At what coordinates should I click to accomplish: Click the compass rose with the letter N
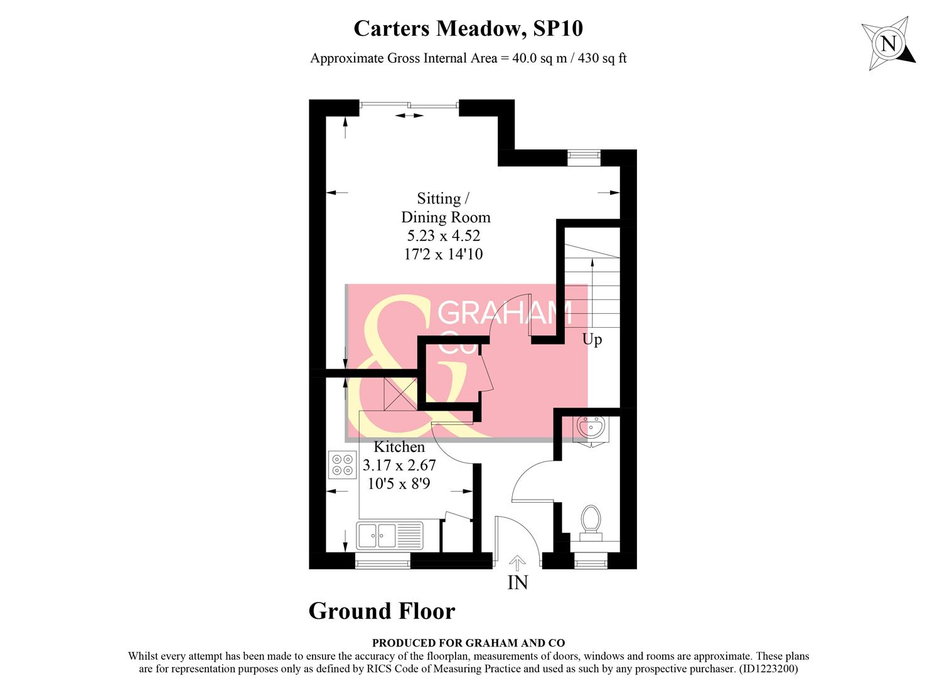pos(888,44)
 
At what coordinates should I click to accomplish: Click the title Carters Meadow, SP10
pos(468,28)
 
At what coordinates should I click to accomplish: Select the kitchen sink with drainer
pos(390,535)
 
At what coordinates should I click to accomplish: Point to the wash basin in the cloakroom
pos(590,429)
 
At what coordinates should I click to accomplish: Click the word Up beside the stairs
pos(592,340)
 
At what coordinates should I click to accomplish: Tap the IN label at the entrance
pos(518,583)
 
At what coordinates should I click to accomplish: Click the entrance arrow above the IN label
pos(518,562)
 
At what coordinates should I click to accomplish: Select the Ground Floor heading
pos(382,611)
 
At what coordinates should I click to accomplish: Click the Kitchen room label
pos(399,447)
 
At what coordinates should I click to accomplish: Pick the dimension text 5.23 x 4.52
pos(444,235)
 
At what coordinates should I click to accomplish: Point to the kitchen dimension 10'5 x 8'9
pos(399,484)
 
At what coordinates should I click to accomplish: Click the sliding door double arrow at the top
pos(409,116)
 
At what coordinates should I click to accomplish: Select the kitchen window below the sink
pos(383,562)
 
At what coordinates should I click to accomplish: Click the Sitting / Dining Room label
pos(445,208)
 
